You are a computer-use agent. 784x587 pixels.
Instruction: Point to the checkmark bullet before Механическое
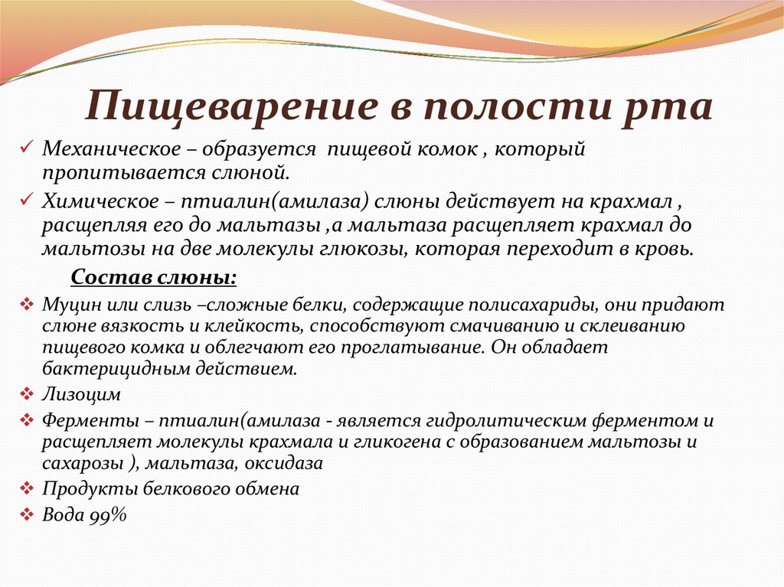pyautogui.click(x=27, y=147)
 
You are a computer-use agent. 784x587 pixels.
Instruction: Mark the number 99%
pyautogui.click(x=106, y=515)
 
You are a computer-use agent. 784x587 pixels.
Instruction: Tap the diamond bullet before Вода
pyautogui.click(x=26, y=514)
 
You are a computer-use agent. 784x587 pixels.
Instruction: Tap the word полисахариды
pyautogui.click(x=539, y=305)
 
